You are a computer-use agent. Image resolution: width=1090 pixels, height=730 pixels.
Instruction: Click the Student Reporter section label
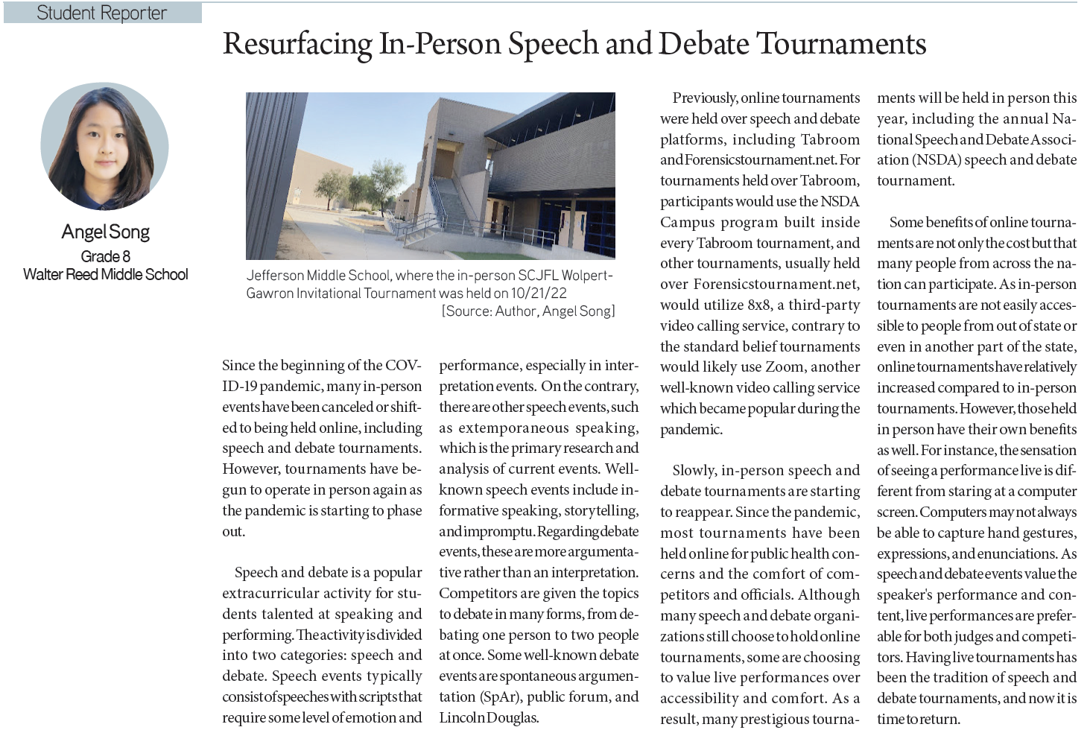tap(102, 13)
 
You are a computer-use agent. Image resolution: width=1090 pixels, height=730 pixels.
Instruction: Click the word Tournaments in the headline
tap(841, 44)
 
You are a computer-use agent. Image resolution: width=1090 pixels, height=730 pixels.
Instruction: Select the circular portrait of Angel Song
tap(105, 147)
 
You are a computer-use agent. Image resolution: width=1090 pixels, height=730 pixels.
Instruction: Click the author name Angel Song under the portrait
tap(106, 232)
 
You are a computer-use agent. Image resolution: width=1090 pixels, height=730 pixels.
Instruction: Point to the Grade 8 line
tap(106, 257)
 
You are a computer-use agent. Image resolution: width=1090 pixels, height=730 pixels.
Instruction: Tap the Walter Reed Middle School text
tap(106, 275)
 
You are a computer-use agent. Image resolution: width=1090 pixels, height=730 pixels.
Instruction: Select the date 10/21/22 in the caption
tap(539, 293)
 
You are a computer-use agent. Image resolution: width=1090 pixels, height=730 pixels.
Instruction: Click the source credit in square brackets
tap(528, 311)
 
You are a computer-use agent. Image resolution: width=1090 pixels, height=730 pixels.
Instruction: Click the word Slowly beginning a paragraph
tap(694, 471)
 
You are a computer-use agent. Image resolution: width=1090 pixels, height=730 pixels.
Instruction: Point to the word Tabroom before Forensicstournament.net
tap(830, 140)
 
